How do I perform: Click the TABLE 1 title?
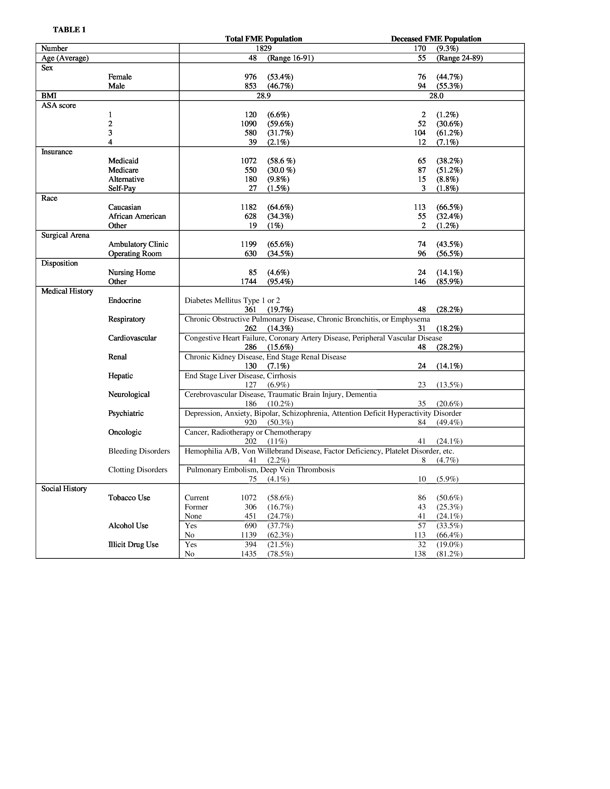tap(69, 30)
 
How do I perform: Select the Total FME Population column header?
tap(263, 39)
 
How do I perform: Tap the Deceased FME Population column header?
tap(436, 39)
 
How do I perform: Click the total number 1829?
tap(263, 48)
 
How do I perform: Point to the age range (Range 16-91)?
tap(290, 58)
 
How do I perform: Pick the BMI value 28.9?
tap(263, 95)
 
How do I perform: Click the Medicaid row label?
tap(123, 161)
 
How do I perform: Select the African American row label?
tap(137, 216)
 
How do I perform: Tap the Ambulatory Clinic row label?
tap(138, 244)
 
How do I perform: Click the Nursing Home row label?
tap(132, 272)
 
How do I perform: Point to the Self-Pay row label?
tap(122, 188)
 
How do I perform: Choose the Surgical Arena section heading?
tap(65, 235)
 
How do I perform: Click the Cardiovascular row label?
tap(132, 338)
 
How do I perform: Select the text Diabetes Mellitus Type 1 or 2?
tap(232, 301)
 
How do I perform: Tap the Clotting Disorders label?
tap(138, 470)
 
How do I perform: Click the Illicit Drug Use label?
tap(133, 544)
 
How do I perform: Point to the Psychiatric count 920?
tap(250, 422)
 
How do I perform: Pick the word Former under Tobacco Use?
tap(196, 507)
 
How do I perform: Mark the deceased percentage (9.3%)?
tap(447, 48)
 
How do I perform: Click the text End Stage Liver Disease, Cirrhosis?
tap(240, 376)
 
